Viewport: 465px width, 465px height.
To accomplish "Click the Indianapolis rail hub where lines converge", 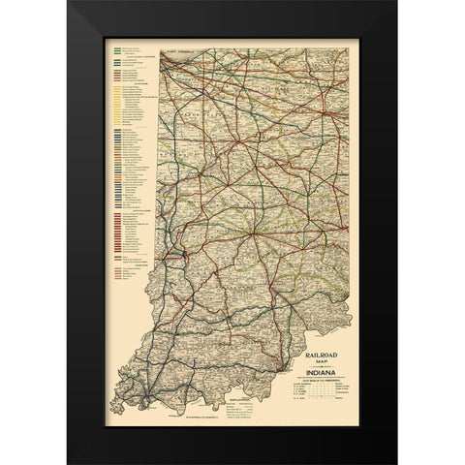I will [x=250, y=232].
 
